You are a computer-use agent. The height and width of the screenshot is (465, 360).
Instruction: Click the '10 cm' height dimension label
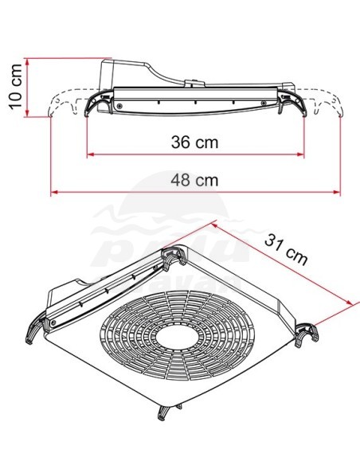click(x=11, y=87)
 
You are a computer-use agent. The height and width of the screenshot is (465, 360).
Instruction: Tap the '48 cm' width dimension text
click(x=195, y=180)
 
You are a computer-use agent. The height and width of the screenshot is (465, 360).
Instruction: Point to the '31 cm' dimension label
click(x=286, y=246)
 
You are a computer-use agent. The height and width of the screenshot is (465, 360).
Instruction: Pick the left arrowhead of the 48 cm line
click(x=54, y=192)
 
